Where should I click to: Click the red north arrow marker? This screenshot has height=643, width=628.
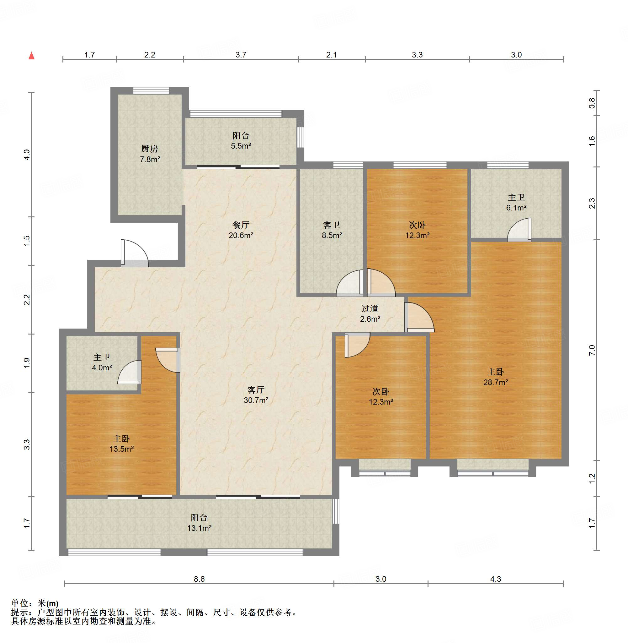pyautogui.click(x=32, y=56)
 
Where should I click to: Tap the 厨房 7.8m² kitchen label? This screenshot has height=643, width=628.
pyautogui.click(x=150, y=154)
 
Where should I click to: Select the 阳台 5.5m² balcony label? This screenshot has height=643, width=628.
pyautogui.click(x=241, y=141)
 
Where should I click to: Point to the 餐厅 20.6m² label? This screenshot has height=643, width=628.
pyautogui.click(x=241, y=230)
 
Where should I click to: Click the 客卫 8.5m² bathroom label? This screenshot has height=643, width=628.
pyautogui.click(x=332, y=230)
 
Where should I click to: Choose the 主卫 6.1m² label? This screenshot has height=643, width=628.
pyautogui.click(x=516, y=202)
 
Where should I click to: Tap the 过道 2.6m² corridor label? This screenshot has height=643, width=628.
pyautogui.click(x=370, y=314)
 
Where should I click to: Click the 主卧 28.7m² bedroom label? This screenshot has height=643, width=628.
pyautogui.click(x=495, y=377)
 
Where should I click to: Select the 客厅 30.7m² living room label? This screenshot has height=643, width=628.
pyautogui.click(x=256, y=395)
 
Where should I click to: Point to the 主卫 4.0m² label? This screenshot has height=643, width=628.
pyautogui.click(x=102, y=362)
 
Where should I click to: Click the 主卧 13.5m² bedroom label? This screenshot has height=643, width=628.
pyautogui.click(x=121, y=444)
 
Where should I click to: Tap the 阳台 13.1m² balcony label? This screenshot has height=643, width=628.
pyautogui.click(x=199, y=523)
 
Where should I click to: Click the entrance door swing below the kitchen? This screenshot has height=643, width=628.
pyautogui.click(x=135, y=253)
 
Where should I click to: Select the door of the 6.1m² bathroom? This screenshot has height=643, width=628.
pyautogui.click(x=519, y=230)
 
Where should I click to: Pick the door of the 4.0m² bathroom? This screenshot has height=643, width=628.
pyautogui.click(x=129, y=372)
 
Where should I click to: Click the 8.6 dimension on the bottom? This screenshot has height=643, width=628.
pyautogui.click(x=199, y=579)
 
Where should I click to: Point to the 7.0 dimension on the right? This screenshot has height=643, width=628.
pyautogui.click(x=592, y=350)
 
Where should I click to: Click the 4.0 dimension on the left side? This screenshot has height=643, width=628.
pyautogui.click(x=27, y=155)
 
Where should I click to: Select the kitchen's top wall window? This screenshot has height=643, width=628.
pyautogui.click(x=151, y=90)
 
